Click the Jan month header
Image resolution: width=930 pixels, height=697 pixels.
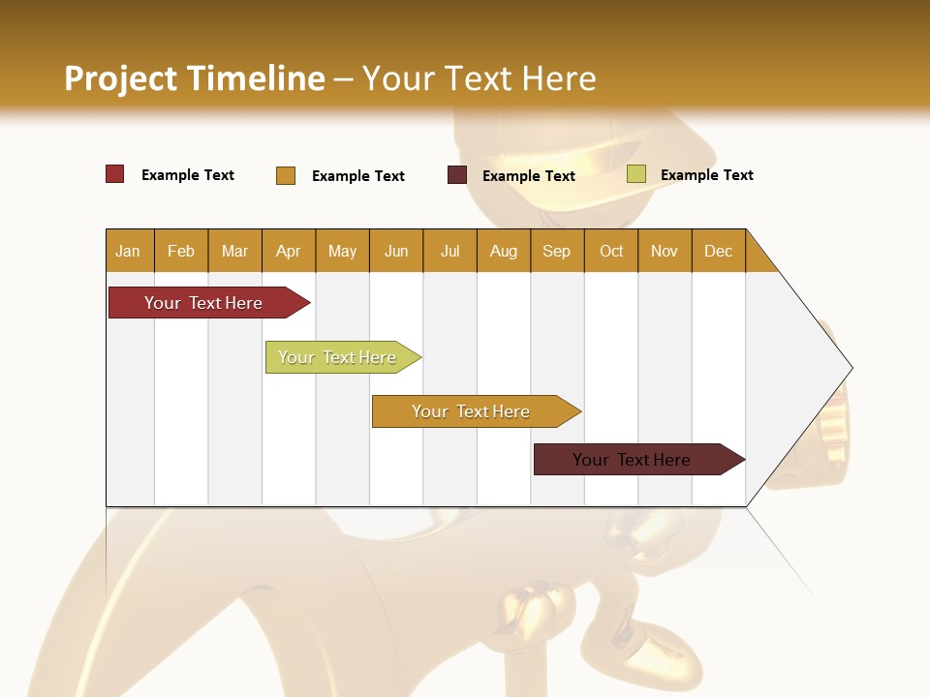point(128,251)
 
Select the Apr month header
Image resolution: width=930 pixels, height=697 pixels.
point(288,251)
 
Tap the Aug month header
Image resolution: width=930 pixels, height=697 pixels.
point(503,251)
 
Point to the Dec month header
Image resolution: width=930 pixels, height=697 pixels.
point(718,251)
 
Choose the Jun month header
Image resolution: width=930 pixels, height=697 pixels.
point(395,251)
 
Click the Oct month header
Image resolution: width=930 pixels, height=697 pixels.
point(610,251)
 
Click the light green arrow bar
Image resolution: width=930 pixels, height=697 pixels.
point(339,357)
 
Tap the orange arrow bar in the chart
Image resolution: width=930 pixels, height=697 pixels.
point(472,411)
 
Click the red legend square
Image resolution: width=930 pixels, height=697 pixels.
point(115,174)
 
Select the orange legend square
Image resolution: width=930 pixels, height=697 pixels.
point(286,175)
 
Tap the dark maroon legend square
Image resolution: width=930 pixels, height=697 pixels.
point(457,175)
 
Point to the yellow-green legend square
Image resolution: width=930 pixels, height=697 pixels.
point(635,174)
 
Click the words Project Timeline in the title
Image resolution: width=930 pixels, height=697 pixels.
point(194,78)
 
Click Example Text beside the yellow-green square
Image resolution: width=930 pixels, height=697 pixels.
point(706,175)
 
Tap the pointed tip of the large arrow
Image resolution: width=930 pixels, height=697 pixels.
point(849,368)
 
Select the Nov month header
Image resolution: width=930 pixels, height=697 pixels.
point(664,251)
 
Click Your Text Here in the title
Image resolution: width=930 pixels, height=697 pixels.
point(479,78)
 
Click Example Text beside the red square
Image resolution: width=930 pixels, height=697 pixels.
point(187,175)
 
